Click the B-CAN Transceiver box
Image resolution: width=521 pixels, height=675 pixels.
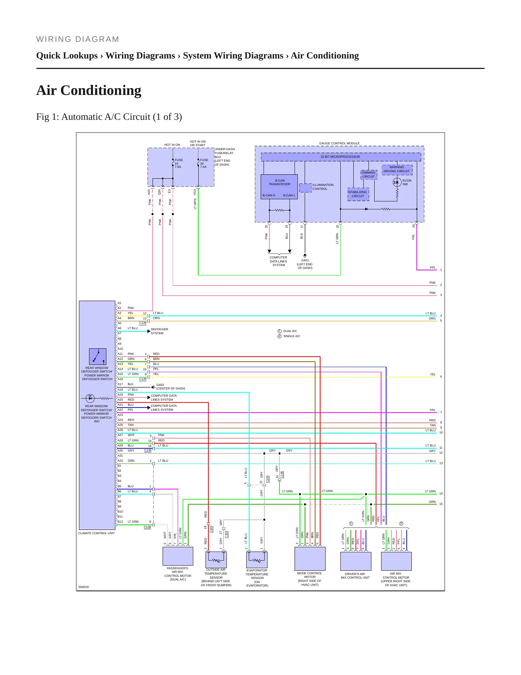click(279, 187)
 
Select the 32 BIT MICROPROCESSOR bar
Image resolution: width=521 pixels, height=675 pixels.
click(341, 157)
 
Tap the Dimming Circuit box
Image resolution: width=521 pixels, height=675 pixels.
click(368, 175)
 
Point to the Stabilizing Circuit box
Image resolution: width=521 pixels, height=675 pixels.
click(358, 194)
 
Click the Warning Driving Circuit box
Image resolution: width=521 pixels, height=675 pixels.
click(397, 169)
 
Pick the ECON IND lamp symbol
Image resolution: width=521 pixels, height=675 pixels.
click(397, 182)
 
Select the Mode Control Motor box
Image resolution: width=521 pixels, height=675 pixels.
click(310, 559)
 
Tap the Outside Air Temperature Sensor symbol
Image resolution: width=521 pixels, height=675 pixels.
click(216, 559)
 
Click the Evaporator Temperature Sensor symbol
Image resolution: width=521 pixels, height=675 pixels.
click(257, 559)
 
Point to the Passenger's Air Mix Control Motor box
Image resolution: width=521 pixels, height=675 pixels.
click(178, 556)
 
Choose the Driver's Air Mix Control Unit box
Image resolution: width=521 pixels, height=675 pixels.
click(356, 561)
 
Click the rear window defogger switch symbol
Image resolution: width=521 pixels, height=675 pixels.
click(98, 357)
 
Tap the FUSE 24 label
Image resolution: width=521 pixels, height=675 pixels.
click(178, 164)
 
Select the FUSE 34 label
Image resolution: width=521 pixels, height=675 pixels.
click(204, 164)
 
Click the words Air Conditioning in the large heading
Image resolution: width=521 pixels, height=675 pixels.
click(89, 90)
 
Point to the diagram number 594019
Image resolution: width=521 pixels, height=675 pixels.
click(84, 587)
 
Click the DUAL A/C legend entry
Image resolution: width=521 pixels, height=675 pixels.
click(287, 331)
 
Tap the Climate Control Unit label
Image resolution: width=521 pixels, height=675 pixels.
click(97, 533)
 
